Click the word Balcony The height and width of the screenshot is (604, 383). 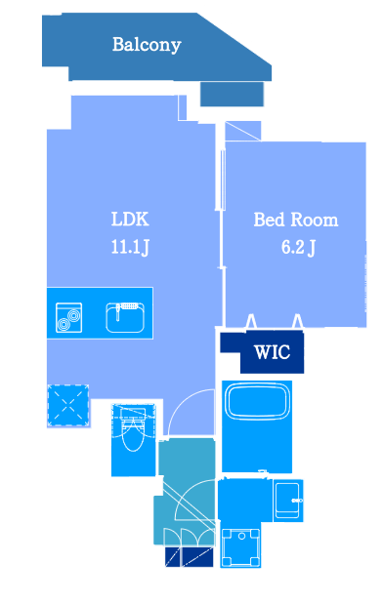tap(147, 45)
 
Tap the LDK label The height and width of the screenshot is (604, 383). tap(130, 220)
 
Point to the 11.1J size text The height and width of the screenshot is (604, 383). tap(130, 247)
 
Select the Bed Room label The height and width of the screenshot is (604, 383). tap(296, 220)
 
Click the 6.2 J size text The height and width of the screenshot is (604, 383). tap(298, 247)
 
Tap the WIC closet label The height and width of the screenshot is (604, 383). tap(272, 352)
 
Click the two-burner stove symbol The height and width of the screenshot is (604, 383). tap(68, 318)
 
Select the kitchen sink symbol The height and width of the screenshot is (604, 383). tap(125, 318)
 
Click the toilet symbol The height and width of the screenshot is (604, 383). tap(133, 428)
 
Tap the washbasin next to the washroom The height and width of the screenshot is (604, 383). tap(287, 501)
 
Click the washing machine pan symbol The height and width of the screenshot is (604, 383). tap(241, 547)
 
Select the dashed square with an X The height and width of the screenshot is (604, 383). tap(67, 405)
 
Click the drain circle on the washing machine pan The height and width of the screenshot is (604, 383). tap(241, 536)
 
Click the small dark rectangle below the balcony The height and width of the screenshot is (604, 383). tap(232, 94)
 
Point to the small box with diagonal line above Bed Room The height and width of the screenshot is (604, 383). tap(243, 131)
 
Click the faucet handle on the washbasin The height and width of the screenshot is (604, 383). tap(297, 501)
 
